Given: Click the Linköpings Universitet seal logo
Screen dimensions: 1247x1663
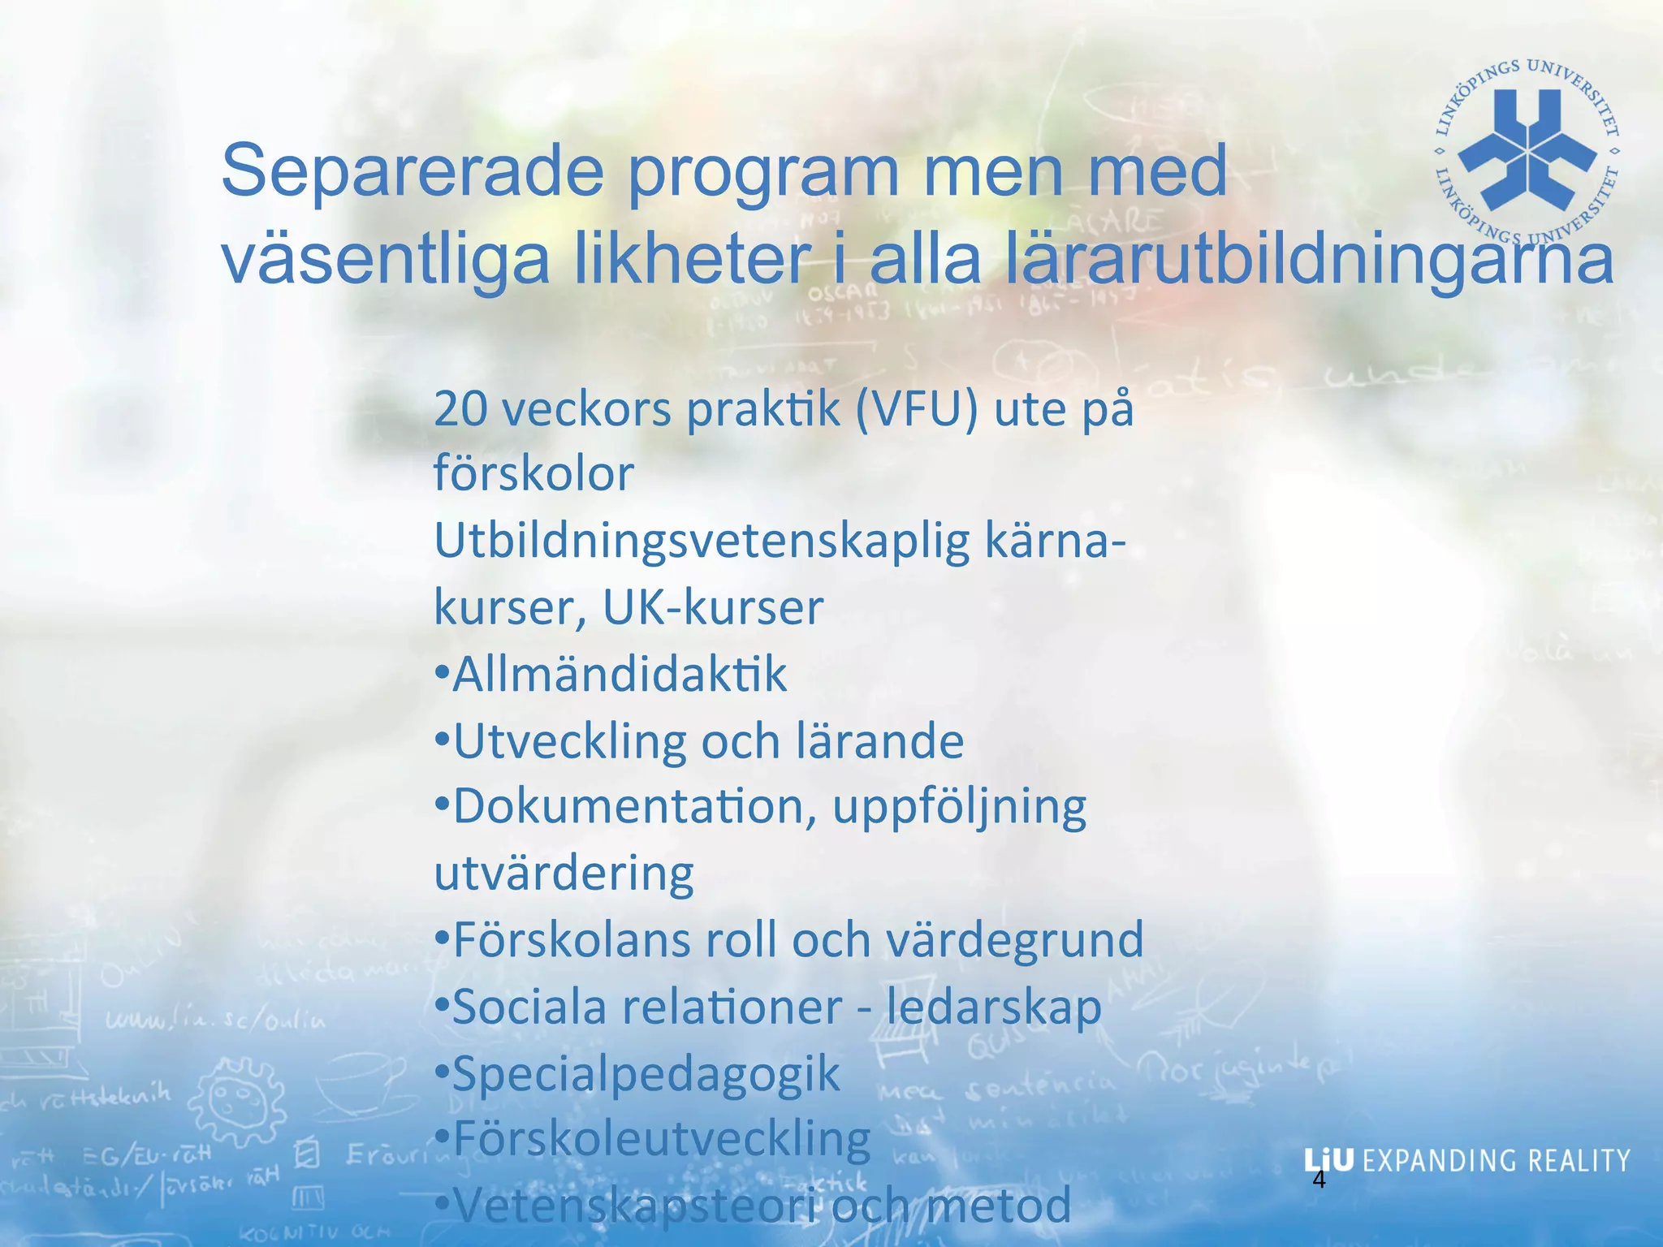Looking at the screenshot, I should (x=1527, y=151).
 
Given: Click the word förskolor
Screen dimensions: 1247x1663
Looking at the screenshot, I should (x=533, y=474).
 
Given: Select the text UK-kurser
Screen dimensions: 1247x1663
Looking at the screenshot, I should (x=713, y=607).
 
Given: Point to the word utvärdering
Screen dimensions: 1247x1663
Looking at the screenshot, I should (x=564, y=874).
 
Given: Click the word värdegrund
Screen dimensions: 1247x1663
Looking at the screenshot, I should (x=1014, y=940).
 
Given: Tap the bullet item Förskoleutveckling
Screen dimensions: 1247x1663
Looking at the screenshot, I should (x=661, y=1139).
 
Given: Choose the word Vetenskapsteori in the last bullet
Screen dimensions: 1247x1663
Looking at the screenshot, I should (x=635, y=1206).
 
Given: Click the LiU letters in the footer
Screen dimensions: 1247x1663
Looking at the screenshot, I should (x=1328, y=1160).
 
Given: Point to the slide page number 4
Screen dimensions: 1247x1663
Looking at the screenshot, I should (x=1319, y=1180).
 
